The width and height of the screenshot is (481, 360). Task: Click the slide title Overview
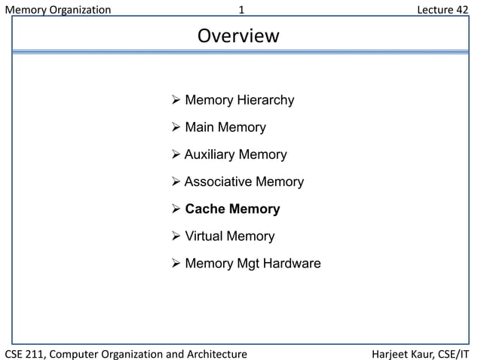pos(238,36)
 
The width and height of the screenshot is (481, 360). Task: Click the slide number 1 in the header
pos(241,10)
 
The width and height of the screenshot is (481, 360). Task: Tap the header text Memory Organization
pos(58,10)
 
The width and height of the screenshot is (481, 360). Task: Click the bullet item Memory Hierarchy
pos(239,100)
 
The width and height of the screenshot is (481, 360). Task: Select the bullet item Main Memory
pos(225,127)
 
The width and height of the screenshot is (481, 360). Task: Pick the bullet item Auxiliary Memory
pos(235,154)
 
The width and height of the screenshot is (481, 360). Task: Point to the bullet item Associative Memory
pos(244,182)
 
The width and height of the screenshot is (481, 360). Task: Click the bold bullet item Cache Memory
pos(232,209)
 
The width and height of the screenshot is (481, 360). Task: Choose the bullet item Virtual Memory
pos(229,236)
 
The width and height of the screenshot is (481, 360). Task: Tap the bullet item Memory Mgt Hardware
pos(253,264)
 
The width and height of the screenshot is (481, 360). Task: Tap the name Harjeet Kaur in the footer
pos(402,353)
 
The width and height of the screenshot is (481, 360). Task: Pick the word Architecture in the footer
pos(216,353)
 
